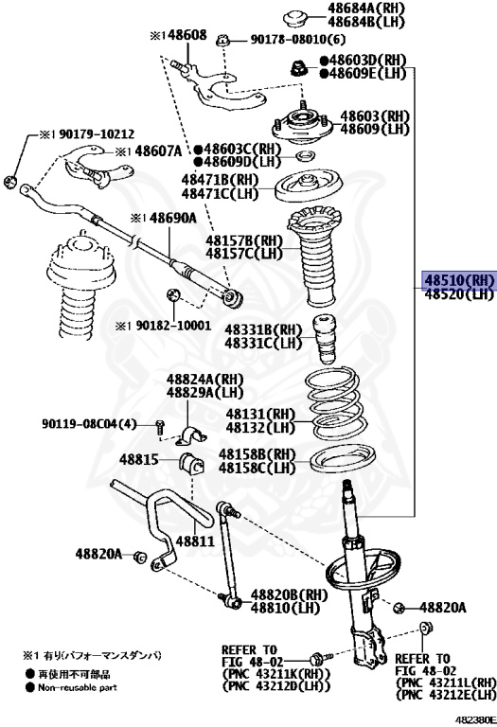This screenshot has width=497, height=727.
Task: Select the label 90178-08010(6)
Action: point(298,40)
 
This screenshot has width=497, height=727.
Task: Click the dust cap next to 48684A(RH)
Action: point(295,20)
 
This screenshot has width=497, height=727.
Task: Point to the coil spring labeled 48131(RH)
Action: point(337,403)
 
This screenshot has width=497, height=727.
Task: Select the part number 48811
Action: point(195,541)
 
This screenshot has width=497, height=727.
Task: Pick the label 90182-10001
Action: point(173,326)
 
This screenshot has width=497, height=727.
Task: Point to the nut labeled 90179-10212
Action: point(10,182)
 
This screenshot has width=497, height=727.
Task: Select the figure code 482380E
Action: point(474,719)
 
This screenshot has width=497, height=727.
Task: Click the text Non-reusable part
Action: point(78,687)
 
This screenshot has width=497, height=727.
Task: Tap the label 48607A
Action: point(160,151)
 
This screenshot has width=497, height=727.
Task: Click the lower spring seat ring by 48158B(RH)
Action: point(342,461)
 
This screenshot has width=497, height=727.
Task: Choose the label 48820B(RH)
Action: point(290,594)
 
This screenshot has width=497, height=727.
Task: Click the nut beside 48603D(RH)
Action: point(297,68)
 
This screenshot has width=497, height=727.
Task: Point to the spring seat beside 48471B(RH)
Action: point(309,186)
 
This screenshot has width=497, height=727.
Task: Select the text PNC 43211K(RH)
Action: point(276,673)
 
